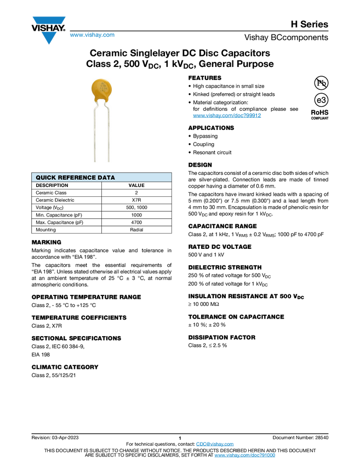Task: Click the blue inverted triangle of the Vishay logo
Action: [49, 38]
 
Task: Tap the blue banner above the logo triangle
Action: [49, 20]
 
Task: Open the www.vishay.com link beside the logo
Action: [92, 36]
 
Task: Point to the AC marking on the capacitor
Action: [102, 83]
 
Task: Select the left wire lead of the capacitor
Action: [95, 134]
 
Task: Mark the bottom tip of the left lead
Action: [95, 162]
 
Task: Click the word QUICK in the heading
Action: [45, 178]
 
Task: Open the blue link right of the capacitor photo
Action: [227, 116]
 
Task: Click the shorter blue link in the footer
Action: [215, 444]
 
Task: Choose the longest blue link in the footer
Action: [244, 456]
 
